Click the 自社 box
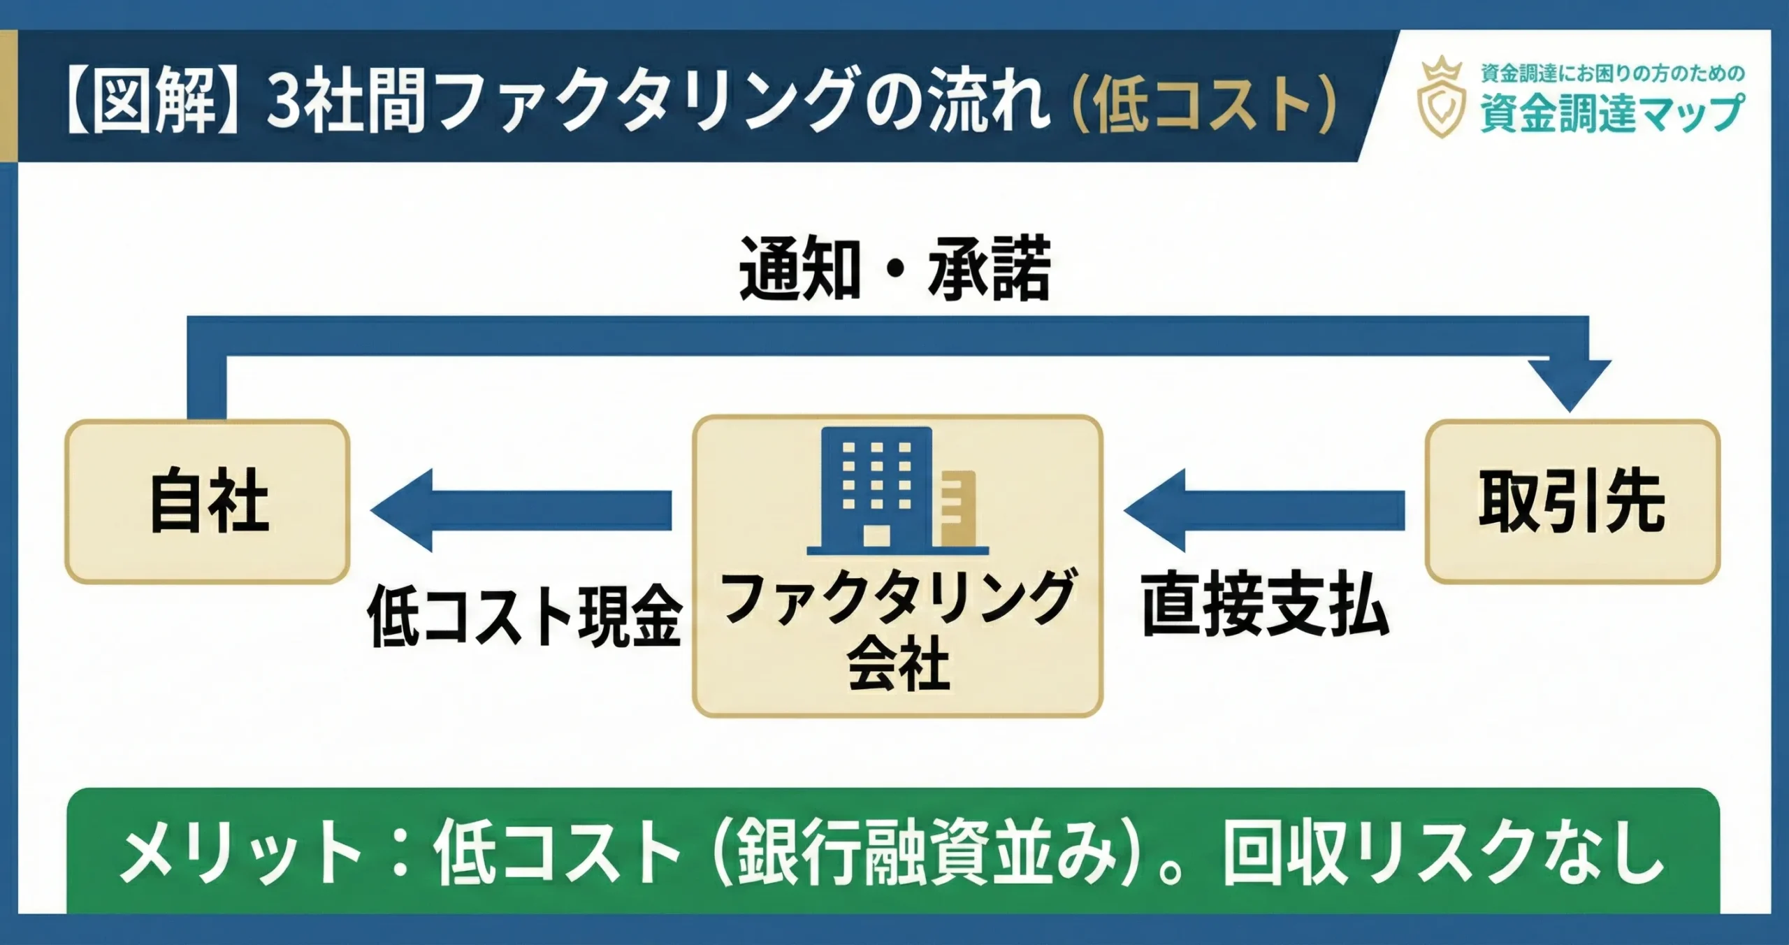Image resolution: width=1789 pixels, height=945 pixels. (208, 501)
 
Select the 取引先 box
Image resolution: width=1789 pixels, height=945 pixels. (1572, 501)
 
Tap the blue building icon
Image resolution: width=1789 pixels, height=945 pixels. (878, 487)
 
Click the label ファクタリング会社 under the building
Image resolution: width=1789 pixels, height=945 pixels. (898, 629)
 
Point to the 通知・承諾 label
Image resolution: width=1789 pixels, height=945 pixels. (894, 269)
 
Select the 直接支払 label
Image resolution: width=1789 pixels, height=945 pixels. (1265, 605)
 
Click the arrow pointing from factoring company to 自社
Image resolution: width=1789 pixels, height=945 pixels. (521, 510)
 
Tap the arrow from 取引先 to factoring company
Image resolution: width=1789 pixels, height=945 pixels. (1265, 510)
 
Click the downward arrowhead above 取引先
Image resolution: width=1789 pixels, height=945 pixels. (1570, 384)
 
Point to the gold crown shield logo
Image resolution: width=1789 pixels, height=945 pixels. (1441, 98)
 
